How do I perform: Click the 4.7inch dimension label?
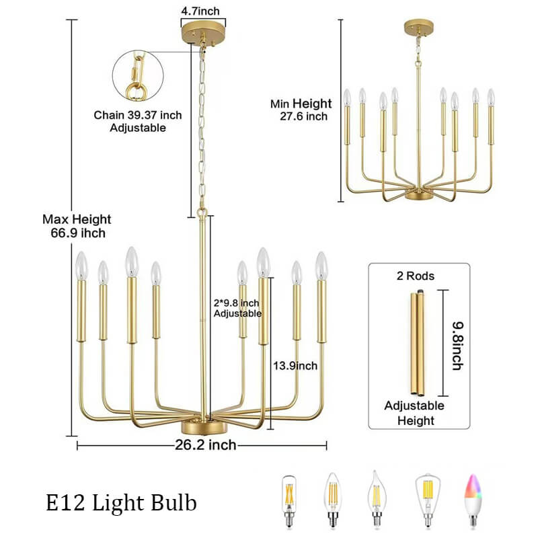[200, 11]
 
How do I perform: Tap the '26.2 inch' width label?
[206, 445]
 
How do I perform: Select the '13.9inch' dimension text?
[295, 366]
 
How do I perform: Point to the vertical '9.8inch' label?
[458, 346]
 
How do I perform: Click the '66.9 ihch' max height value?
[78, 233]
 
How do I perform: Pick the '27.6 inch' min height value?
[304, 116]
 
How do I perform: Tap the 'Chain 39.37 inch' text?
[138, 115]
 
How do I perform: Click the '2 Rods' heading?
[416, 276]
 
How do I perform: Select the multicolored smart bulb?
[473, 500]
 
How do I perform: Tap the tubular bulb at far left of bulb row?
[289, 501]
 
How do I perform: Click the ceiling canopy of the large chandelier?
[203, 32]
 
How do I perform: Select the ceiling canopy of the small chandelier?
[418, 28]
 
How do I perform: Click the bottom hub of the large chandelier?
[204, 428]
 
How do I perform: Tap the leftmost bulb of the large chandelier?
[81, 266]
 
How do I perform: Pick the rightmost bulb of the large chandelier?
[321, 266]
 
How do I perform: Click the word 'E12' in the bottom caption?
[65, 503]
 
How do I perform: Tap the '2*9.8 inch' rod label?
[237, 303]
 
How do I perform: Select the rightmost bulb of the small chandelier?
[491, 97]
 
